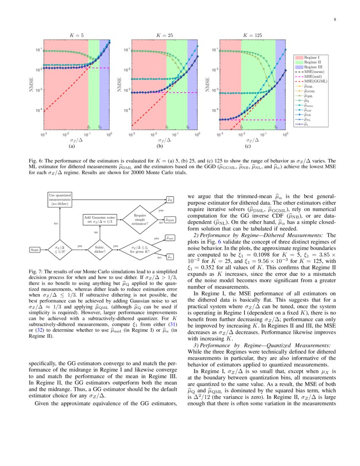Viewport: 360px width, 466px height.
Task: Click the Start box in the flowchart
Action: pyautogui.click(x=35, y=250)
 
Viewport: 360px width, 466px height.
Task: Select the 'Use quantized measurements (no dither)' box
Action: pyautogui.click(x=60, y=199)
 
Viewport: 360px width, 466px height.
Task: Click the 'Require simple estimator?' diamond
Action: pyautogui.click(x=140, y=219)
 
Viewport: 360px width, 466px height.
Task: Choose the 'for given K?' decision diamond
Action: pyautogui.click(x=140, y=250)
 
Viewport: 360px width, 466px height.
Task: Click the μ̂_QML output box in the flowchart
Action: pyautogui.click(x=169, y=220)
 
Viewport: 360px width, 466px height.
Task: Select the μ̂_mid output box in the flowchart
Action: pyautogui.click(x=169, y=239)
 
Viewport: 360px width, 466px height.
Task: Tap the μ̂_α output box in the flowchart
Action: pyautogui.click(x=169, y=257)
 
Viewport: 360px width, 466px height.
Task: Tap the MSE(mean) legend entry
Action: pyautogui.click(x=315, y=72)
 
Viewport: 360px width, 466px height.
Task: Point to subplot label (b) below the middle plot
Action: pyautogui.click(x=160, y=146)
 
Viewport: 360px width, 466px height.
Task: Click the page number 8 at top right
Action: pyautogui.click(x=335, y=19)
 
